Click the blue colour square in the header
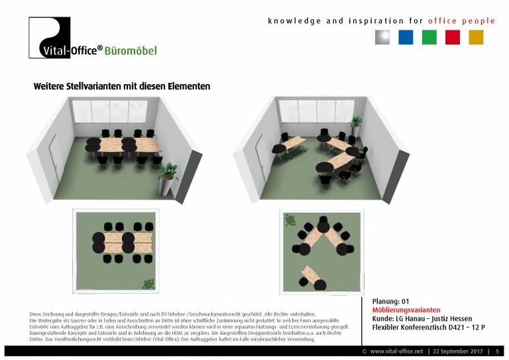(x=406, y=37)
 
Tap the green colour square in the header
(x=429, y=37)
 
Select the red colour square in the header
(x=453, y=37)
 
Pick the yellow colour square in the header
(x=476, y=37)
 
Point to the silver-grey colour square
(x=382, y=37)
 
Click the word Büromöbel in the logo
(x=131, y=50)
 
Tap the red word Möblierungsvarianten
(x=406, y=310)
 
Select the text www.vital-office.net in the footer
(x=397, y=351)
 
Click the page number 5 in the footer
(x=497, y=351)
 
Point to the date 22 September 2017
(x=458, y=351)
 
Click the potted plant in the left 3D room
(x=167, y=179)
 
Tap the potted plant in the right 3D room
(x=356, y=126)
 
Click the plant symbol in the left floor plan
(x=148, y=284)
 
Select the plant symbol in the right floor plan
(x=290, y=219)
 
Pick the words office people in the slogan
(x=461, y=21)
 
